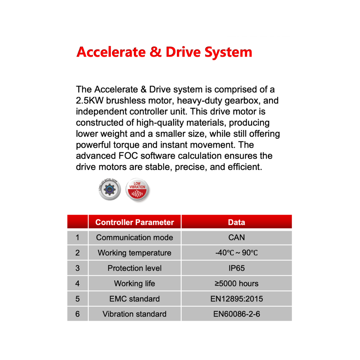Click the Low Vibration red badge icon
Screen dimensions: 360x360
click(137, 190)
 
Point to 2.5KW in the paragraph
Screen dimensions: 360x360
click(88, 101)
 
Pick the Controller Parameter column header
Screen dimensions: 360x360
click(135, 222)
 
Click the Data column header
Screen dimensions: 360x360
click(237, 222)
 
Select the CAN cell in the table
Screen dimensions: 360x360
click(237, 238)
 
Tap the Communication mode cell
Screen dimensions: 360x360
click(135, 238)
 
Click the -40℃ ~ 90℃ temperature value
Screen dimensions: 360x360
click(237, 253)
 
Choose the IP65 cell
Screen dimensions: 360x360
click(237, 268)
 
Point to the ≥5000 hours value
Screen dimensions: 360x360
click(237, 284)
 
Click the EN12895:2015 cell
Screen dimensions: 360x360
click(237, 299)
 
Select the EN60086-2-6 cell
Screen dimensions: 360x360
click(237, 314)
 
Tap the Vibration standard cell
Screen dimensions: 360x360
click(135, 314)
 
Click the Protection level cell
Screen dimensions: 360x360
click(135, 268)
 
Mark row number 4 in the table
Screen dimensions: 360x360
click(78, 284)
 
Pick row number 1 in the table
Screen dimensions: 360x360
click(78, 238)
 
